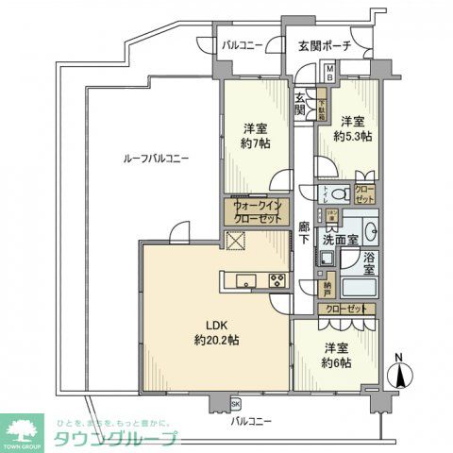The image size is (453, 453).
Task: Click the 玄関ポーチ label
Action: [325, 45]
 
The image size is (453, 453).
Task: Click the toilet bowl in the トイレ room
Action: [344, 195]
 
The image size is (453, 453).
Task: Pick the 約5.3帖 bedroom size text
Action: [352, 136]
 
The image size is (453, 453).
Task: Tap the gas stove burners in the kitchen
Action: [278, 279]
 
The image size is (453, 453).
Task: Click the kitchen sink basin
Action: [246, 279]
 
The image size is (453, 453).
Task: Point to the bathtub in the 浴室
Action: [358, 290]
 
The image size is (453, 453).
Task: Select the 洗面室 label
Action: [341, 242]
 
